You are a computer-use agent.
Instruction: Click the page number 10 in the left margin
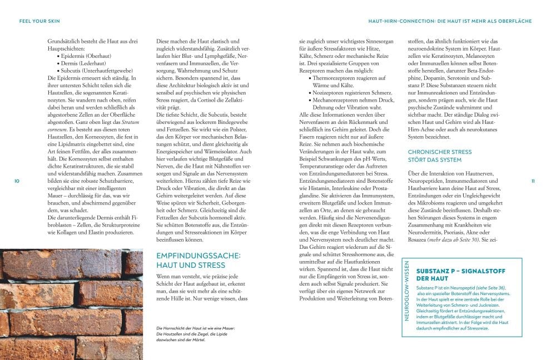click(x=17, y=182)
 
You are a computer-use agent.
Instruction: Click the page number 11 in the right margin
click(x=533, y=182)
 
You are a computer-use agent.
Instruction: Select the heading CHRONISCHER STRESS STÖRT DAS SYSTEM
click(x=440, y=156)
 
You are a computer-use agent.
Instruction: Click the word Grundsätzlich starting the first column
click(x=65, y=42)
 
